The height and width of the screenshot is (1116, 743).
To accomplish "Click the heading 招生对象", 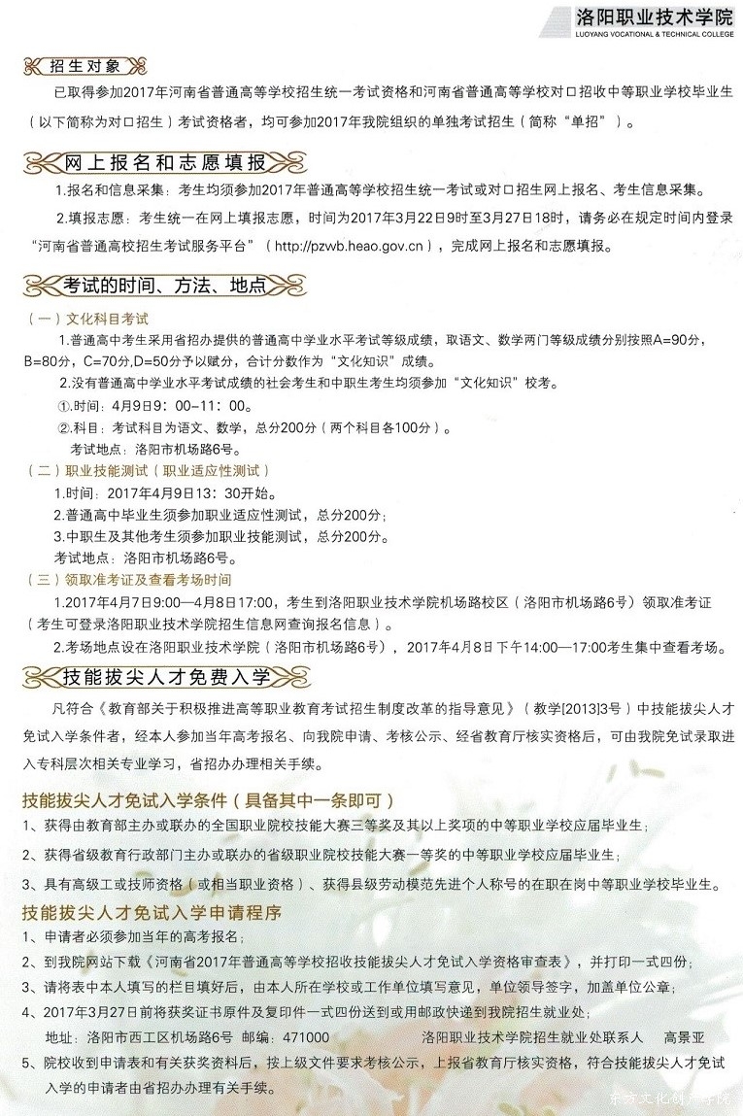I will (84, 66).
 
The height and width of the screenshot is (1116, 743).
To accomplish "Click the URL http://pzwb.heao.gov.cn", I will (346, 246).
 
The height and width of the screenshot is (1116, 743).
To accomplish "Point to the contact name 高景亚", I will (684, 1036).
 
